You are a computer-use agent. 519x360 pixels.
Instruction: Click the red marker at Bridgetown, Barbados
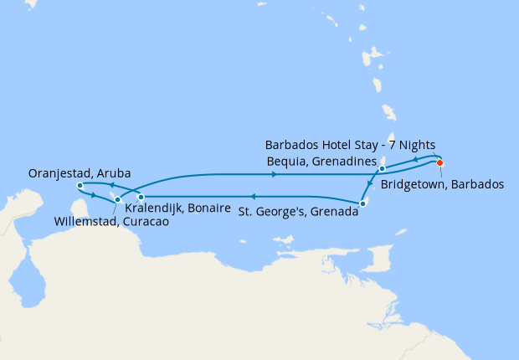pyautogui.click(x=439, y=162)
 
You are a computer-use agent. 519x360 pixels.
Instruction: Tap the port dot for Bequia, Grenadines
pyautogui.click(x=382, y=169)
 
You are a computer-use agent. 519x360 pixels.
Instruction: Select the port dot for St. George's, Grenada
pyautogui.click(x=362, y=203)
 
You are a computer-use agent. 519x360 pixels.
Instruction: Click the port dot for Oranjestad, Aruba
pyautogui.click(x=80, y=185)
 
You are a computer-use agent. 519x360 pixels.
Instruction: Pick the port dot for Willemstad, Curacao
pyautogui.click(x=118, y=199)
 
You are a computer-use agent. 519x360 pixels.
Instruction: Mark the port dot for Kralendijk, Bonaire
pyautogui.click(x=141, y=198)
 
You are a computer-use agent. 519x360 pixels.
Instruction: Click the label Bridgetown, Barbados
pyautogui.click(x=442, y=183)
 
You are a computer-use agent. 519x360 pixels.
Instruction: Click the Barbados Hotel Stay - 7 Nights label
pyautogui.click(x=350, y=145)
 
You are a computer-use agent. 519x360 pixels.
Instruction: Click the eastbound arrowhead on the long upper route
pyautogui.click(x=274, y=174)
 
